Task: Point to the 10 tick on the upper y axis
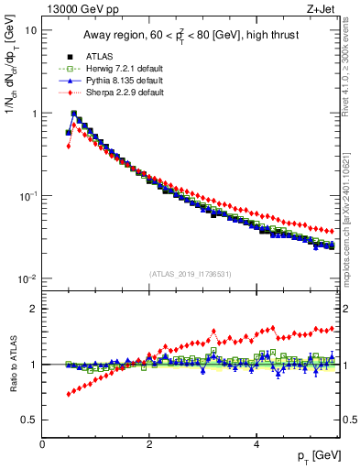30,30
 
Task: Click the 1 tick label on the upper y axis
33,114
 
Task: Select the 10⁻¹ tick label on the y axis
28,196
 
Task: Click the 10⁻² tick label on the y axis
28,279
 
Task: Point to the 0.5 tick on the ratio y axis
29,420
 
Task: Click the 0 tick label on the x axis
42,444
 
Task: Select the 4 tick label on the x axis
256,444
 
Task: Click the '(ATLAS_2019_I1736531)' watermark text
191,274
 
